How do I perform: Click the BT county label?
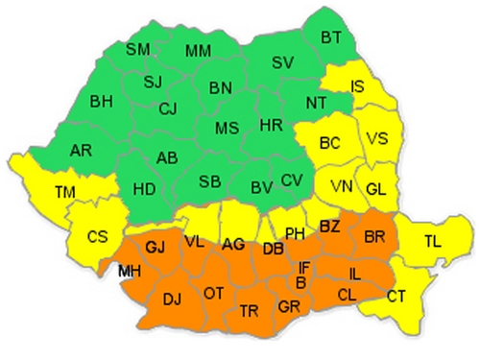[x=331, y=37]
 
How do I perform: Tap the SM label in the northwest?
[x=139, y=48]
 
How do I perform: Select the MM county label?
[x=199, y=50]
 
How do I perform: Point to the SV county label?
[x=282, y=61]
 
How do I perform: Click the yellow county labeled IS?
[x=357, y=87]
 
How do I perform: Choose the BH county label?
[x=101, y=100]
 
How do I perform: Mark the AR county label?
[x=82, y=150]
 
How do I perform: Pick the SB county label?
[x=210, y=181]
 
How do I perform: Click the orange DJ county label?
[x=172, y=300]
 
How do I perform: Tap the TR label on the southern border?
[x=249, y=310]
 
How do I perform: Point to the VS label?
[x=377, y=139]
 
